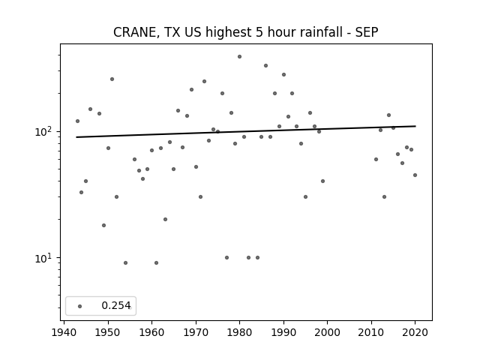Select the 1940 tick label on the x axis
(64, 332)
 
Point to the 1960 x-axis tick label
(151, 332)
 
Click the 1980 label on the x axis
(239, 332)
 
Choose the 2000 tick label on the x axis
(327, 332)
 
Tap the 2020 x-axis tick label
(415, 332)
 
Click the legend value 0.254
(116, 305)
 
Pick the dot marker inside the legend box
(80, 306)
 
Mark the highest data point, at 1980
(239, 57)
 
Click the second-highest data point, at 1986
(265, 65)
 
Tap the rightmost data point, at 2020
(415, 175)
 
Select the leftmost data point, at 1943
(77, 121)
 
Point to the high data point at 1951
(112, 79)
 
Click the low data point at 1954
(125, 263)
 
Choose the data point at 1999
(322, 181)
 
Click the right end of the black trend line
(415, 126)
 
